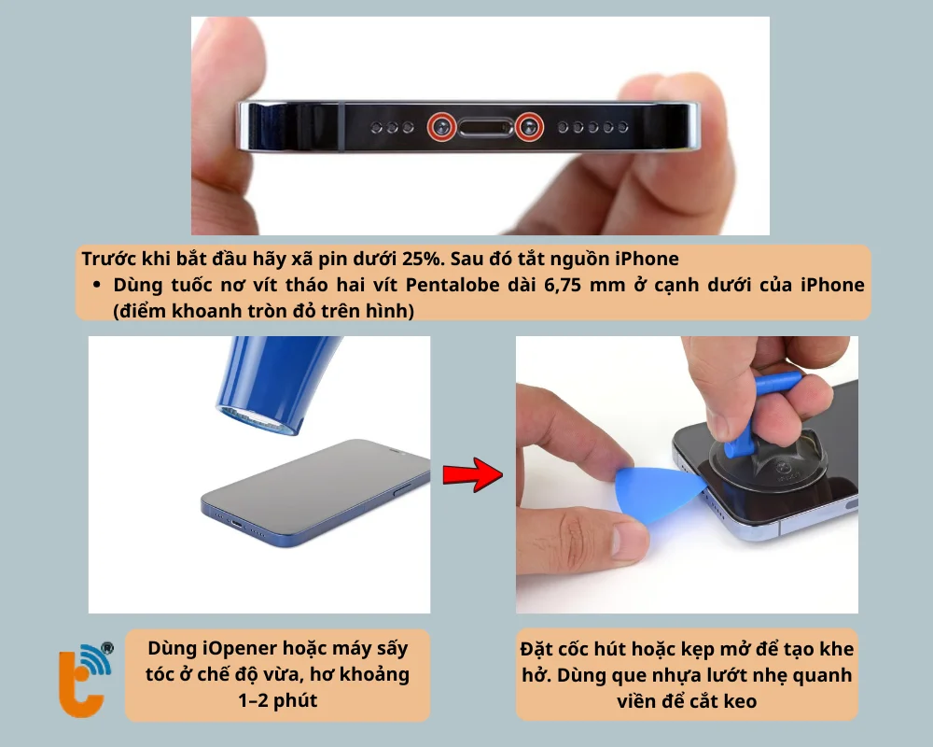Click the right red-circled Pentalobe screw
click(530, 126)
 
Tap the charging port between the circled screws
click(485, 126)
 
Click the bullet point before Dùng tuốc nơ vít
click(97, 285)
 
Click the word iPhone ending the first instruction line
click(649, 259)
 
